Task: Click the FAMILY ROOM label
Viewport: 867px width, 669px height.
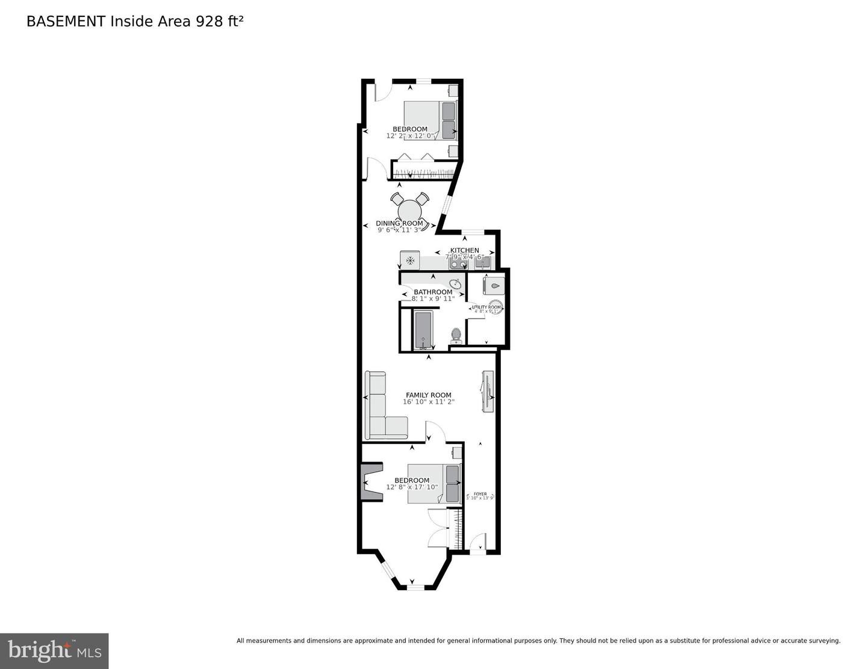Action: point(428,395)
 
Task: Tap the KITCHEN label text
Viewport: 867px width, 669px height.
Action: point(465,250)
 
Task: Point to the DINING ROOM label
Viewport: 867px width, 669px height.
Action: point(399,223)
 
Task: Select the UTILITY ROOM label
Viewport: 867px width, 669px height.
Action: point(486,307)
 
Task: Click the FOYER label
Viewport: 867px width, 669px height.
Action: point(480,494)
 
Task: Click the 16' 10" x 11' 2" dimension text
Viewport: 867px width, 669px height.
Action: point(428,402)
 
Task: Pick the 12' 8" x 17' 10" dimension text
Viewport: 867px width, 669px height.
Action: point(412,487)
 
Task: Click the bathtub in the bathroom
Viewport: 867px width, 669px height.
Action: point(423,330)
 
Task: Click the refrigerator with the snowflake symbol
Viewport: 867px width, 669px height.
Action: point(410,261)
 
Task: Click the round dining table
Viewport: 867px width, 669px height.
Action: point(409,211)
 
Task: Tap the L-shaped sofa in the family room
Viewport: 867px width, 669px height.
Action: point(379,409)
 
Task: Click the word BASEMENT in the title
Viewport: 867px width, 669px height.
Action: point(66,22)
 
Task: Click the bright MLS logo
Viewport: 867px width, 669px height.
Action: point(54,651)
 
